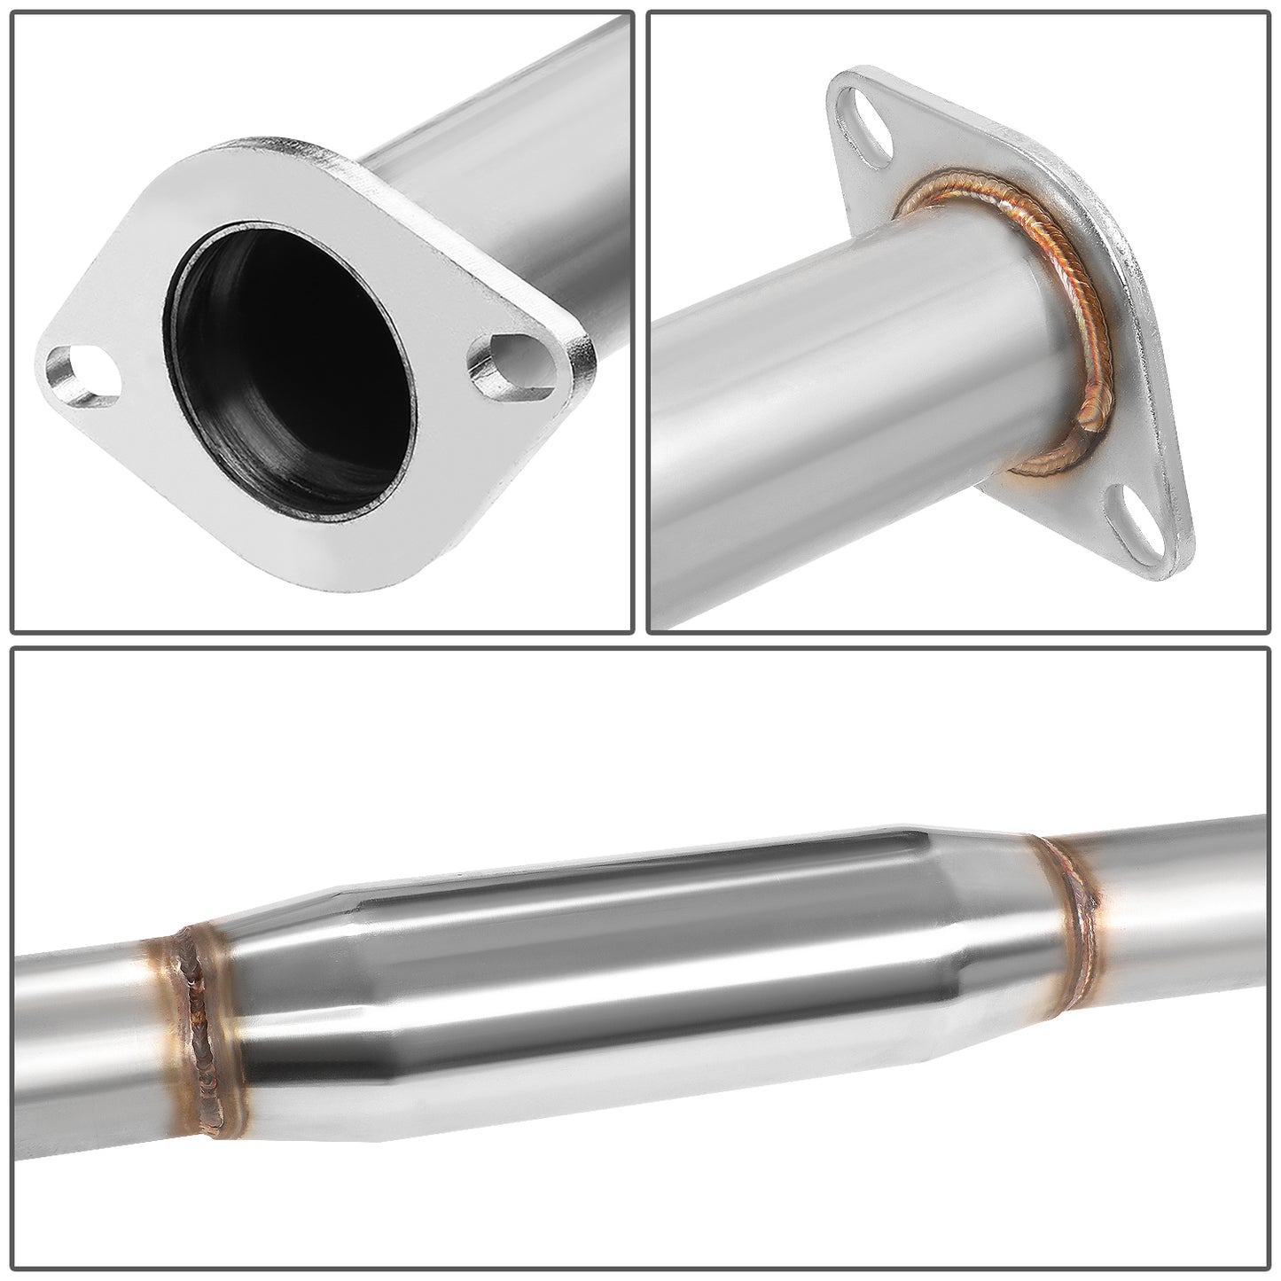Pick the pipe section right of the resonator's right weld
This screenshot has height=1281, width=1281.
[1179, 887]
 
